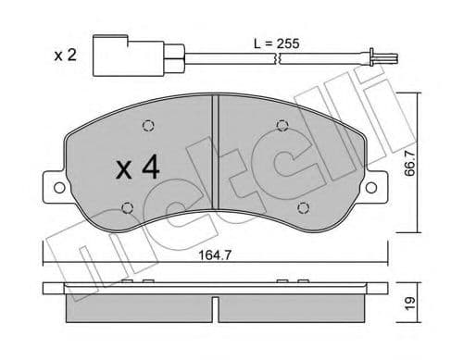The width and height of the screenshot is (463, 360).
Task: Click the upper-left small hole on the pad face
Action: pos(147,128)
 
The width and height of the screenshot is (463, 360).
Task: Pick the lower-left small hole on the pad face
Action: pos(128,206)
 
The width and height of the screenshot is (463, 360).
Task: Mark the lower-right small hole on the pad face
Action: pos(302,206)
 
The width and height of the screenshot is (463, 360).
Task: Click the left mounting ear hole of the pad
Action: pos(59,189)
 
